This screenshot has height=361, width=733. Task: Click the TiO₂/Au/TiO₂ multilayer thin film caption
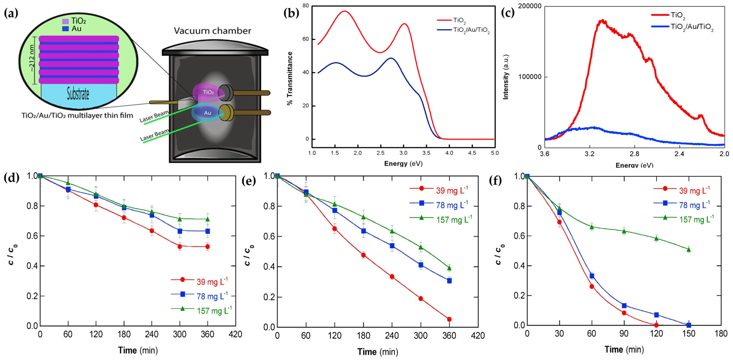tap(77, 116)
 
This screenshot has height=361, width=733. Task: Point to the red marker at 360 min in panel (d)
tap(207, 247)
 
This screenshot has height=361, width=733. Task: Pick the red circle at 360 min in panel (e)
tap(449, 319)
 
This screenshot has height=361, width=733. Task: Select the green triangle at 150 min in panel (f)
tap(689, 250)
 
